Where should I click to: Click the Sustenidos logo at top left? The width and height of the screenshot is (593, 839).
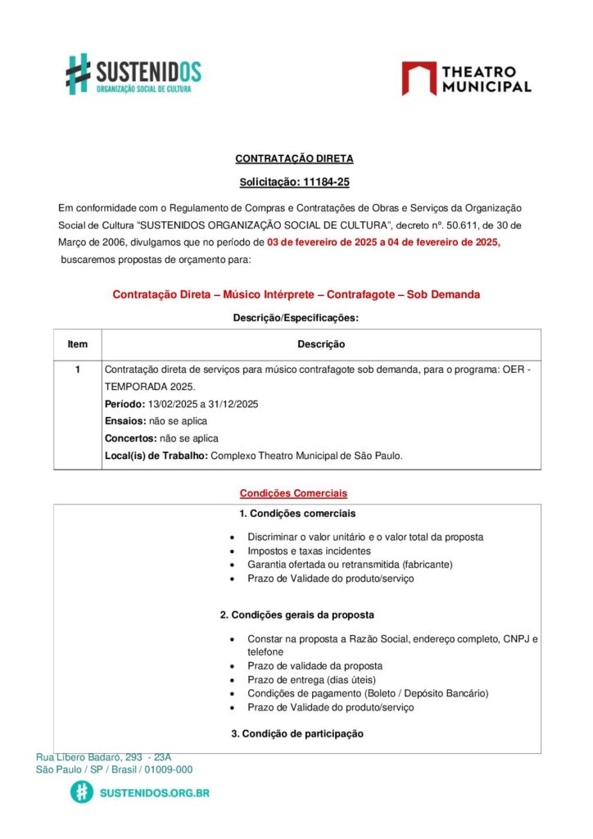[133, 74]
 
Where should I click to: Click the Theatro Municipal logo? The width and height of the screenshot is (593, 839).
[466, 79]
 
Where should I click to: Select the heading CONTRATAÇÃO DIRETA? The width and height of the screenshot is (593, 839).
[294, 159]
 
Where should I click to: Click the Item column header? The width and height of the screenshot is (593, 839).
[77, 344]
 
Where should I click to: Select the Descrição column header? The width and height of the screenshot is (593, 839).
[321, 344]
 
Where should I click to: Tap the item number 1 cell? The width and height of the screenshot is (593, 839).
[77, 370]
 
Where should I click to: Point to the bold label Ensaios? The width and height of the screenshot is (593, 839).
[124, 421]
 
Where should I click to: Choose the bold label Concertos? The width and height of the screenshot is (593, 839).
[129, 438]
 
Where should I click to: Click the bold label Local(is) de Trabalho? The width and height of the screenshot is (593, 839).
[156, 456]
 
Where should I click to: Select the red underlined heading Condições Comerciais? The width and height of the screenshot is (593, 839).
[293, 493]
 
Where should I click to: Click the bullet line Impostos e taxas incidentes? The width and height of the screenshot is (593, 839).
[309, 551]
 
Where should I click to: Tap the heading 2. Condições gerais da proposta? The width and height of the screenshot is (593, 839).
[296, 614]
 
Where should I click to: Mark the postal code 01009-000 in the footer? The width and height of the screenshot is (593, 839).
[167, 769]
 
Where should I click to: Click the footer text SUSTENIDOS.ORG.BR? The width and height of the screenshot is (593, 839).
[154, 793]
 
